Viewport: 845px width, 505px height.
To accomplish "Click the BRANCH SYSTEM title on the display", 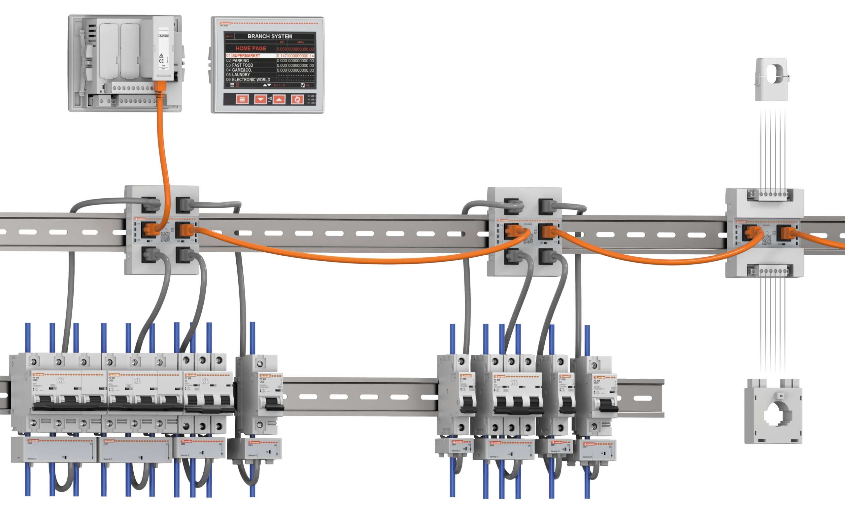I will pyautogui.click(x=270, y=36).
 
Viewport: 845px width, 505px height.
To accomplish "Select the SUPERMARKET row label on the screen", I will pyautogui.click(x=246, y=56).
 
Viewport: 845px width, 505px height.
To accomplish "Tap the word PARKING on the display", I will pyautogui.click(x=240, y=61).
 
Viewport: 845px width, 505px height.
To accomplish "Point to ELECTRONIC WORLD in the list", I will pyautogui.click(x=251, y=79).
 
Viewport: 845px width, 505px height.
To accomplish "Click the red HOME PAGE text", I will pyautogui.click(x=251, y=48).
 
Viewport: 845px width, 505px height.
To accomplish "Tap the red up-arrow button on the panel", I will pyautogui.click(x=279, y=99).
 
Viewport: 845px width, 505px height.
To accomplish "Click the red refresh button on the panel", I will pyautogui.click(x=297, y=99).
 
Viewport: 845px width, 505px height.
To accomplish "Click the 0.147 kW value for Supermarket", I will pyautogui.click(x=282, y=56).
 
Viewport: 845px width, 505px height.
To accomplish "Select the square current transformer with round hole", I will pyautogui.click(x=773, y=412).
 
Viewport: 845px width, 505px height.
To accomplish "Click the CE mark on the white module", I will pyautogui.click(x=161, y=61).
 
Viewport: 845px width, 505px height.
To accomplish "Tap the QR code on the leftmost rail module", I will pyautogui.click(x=165, y=237).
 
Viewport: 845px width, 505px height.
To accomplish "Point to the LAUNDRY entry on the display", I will pyautogui.click(x=241, y=75).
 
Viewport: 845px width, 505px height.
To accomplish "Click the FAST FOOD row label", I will pyautogui.click(x=242, y=65).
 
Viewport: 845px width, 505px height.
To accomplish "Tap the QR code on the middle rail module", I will pyautogui.click(x=528, y=238).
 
